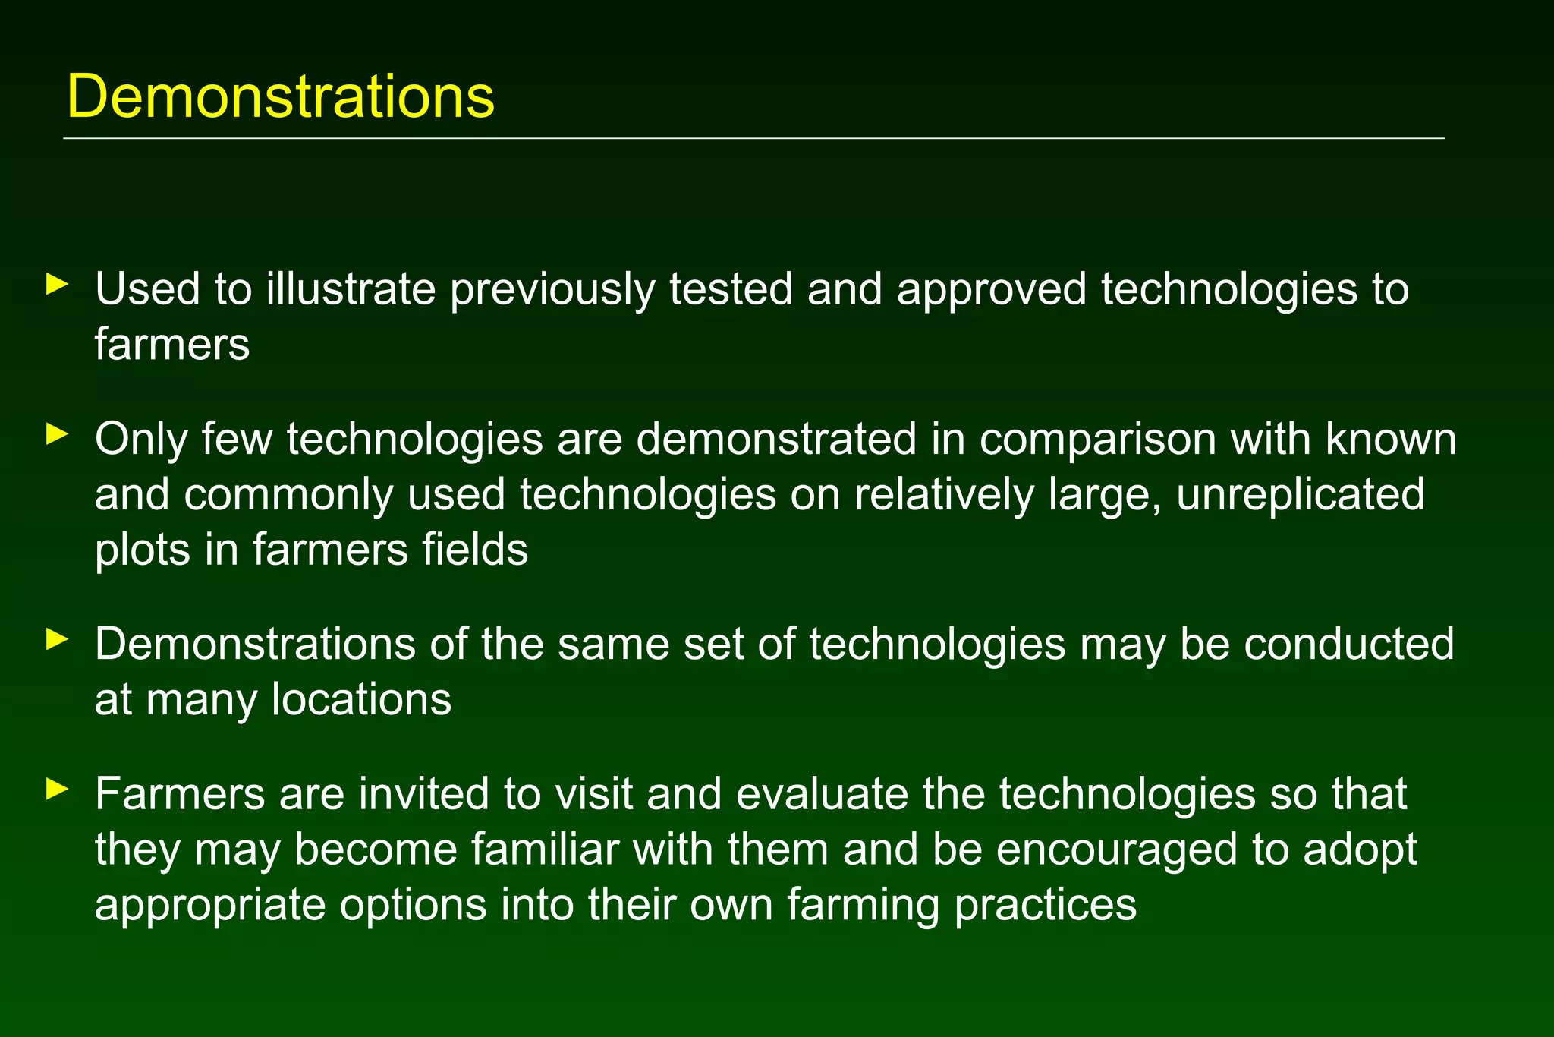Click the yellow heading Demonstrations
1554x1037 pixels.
point(281,96)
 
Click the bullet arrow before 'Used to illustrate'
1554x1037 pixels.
point(57,285)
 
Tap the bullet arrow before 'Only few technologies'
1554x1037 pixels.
point(57,434)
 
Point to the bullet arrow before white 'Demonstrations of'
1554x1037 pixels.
point(57,639)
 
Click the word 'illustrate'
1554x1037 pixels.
point(350,289)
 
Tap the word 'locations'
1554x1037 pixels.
point(361,699)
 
